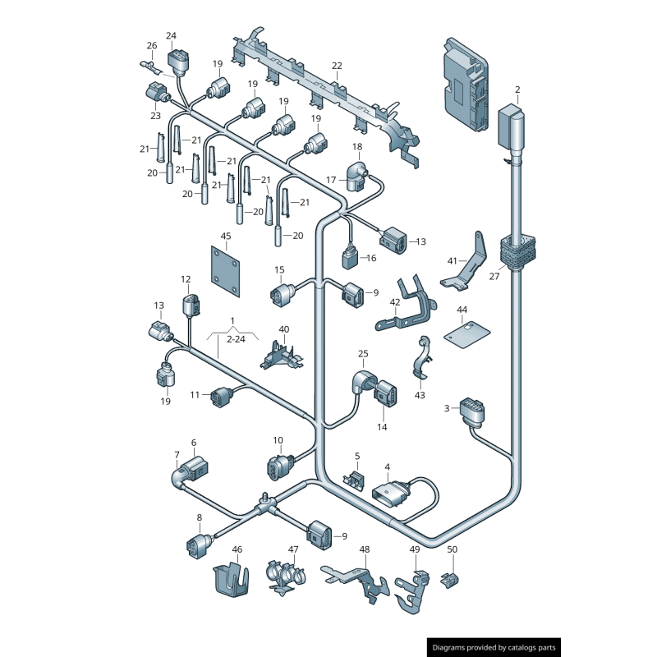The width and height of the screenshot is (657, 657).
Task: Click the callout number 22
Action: click(x=337, y=66)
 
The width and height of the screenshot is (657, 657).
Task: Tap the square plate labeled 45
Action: click(x=226, y=273)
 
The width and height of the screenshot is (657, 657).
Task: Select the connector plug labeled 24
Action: click(x=177, y=60)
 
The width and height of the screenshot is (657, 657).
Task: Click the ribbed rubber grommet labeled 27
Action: click(x=517, y=251)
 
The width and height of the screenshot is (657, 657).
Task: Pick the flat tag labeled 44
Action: click(x=466, y=332)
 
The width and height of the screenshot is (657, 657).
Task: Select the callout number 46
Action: click(x=237, y=549)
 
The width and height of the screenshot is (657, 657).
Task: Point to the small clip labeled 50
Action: click(x=448, y=581)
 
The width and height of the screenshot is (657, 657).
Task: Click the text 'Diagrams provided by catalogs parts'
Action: click(x=494, y=647)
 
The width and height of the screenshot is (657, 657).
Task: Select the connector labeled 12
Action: click(x=190, y=307)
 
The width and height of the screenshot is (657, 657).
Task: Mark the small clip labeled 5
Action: click(x=356, y=479)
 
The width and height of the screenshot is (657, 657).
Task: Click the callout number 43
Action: click(x=420, y=395)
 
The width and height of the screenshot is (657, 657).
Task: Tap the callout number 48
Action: click(x=365, y=549)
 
